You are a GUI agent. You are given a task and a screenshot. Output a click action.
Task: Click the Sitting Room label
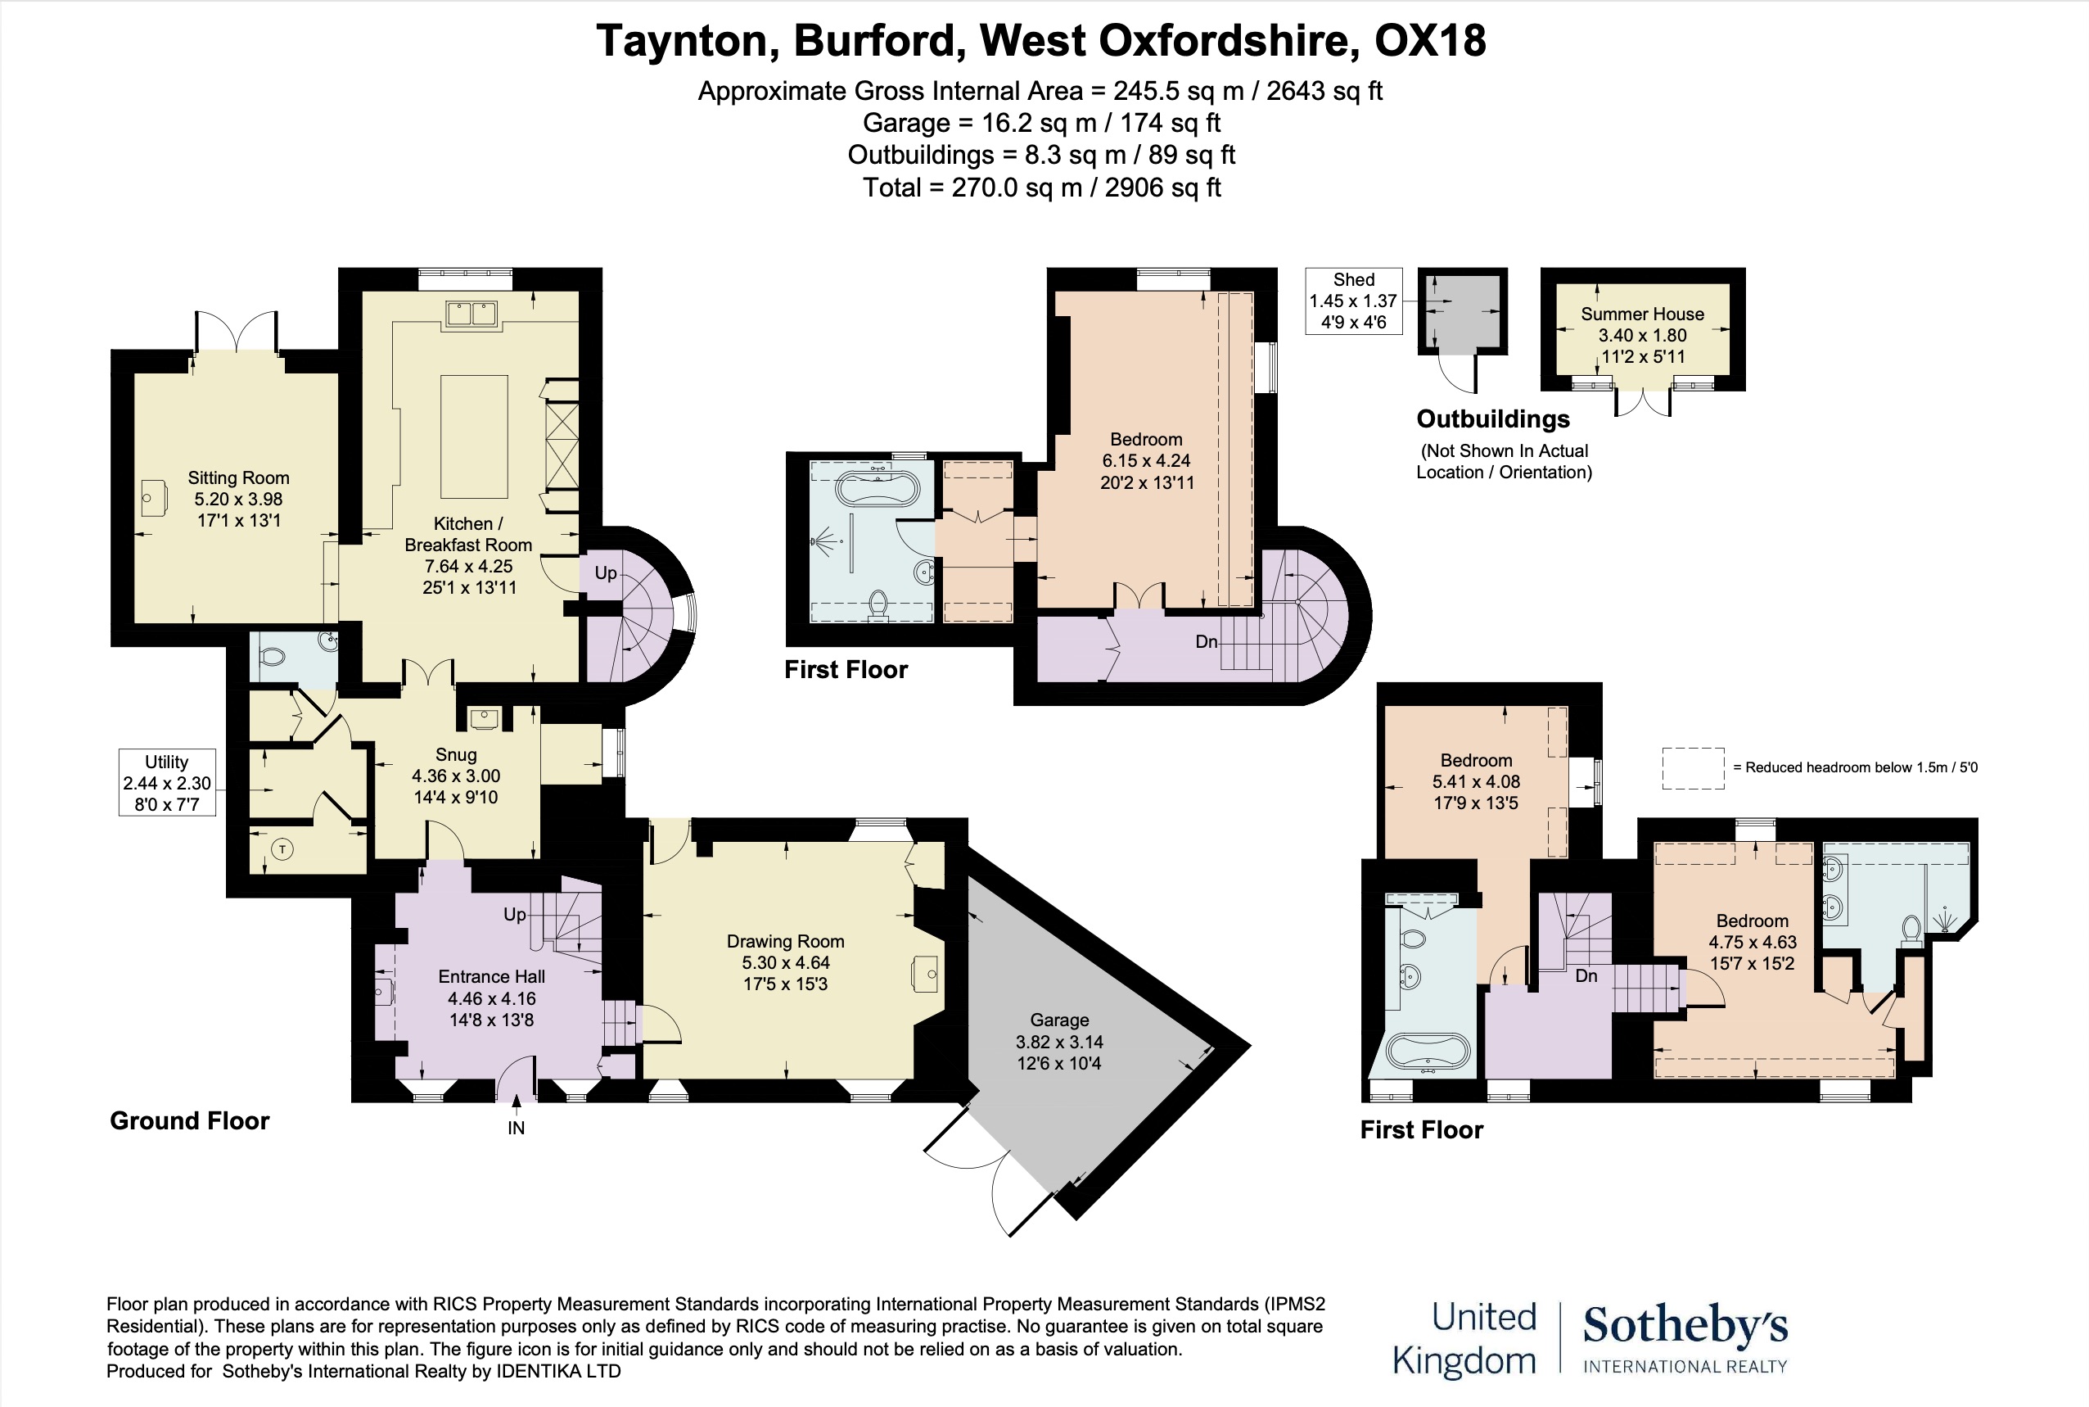coord(238,478)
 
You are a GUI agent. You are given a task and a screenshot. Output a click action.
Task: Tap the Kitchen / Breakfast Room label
coord(468,534)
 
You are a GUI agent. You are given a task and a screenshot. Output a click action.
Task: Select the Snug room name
coord(456,754)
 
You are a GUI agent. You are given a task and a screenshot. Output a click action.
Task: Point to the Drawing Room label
coord(786,941)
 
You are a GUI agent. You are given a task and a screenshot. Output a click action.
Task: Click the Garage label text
coord(1059,1020)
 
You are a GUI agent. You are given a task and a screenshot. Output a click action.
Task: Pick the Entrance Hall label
coord(491,976)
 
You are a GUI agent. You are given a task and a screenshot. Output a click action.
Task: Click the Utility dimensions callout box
coord(167,782)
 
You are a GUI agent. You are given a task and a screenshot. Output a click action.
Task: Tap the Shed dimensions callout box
coord(1353,301)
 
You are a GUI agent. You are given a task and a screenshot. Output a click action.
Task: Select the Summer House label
coord(1642,314)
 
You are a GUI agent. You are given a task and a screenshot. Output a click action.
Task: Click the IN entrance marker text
coord(516,1128)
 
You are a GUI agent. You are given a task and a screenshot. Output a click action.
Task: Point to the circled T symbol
coord(282,848)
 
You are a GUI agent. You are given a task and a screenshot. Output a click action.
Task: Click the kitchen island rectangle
coord(474,437)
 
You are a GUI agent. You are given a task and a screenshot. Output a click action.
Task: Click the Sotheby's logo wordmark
coord(1685,1325)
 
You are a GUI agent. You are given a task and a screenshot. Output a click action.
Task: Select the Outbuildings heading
coord(1492,419)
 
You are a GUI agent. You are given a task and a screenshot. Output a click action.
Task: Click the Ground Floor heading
coord(189,1120)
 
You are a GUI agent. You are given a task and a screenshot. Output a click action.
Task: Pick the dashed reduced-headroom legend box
coord(1693,768)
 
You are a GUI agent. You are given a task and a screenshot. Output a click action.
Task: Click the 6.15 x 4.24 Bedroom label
coord(1146,461)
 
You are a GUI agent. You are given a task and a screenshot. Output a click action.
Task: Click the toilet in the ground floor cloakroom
coord(270,657)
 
